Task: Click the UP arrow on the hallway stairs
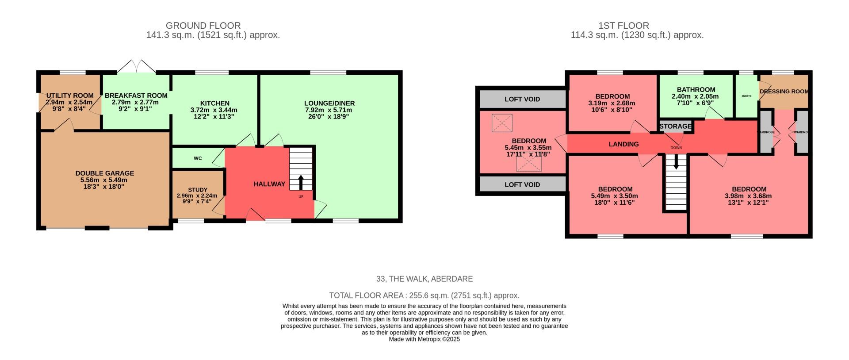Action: tap(301, 182)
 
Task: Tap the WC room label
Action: tap(198, 158)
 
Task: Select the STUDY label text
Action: tap(197, 190)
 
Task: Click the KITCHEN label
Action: tap(214, 103)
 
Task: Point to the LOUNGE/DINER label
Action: tap(329, 103)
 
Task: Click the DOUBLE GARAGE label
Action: tap(104, 173)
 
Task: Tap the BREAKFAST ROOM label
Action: tap(136, 96)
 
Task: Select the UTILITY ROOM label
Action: tap(70, 96)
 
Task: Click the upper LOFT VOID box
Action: tap(522, 99)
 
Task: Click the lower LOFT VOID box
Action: tap(522, 184)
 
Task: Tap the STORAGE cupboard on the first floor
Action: tap(675, 126)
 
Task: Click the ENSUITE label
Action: tap(746, 96)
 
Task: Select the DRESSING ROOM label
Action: tap(784, 92)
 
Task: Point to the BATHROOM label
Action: tap(696, 89)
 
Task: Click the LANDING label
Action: tap(623, 144)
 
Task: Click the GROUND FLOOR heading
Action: tap(203, 26)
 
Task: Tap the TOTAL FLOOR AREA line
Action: tap(424, 295)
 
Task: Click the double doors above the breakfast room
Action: tap(137, 67)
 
